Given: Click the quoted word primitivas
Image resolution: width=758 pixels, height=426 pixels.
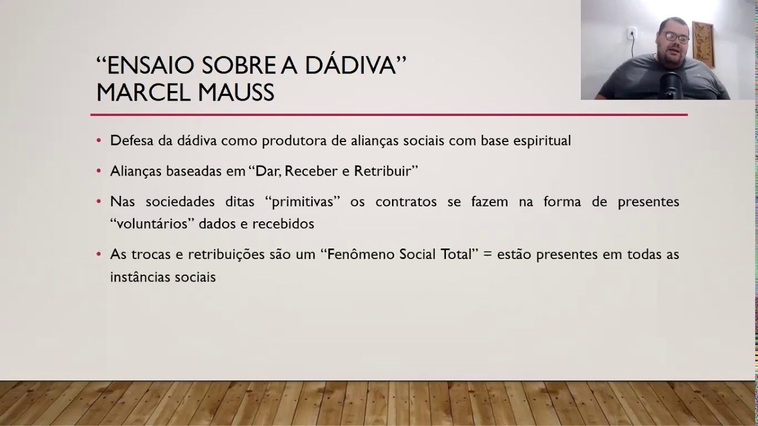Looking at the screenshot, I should point(303,202).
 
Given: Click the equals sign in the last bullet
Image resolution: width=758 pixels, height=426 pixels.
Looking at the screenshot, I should point(487,254).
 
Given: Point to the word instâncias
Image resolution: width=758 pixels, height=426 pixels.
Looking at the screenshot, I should point(143,277).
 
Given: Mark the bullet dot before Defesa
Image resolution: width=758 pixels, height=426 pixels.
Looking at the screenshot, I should point(99,141).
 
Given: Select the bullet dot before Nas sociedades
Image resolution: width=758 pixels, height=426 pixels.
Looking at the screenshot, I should point(99,202).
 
